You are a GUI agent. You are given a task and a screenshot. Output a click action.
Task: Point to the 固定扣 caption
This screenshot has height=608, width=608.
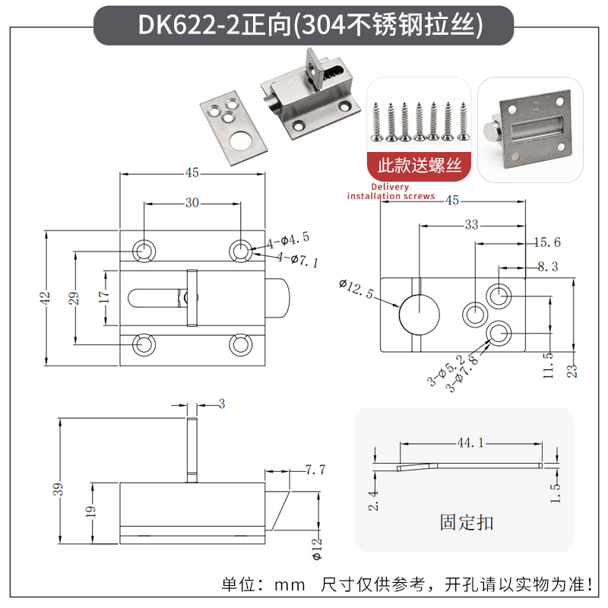[x=466, y=522]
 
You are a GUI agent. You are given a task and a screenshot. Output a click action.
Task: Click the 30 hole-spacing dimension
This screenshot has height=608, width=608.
[x=192, y=202]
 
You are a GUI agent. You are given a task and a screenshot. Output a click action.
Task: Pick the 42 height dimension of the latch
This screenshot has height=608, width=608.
[x=45, y=296]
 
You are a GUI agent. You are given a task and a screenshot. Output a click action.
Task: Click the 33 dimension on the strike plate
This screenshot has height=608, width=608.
[x=471, y=225]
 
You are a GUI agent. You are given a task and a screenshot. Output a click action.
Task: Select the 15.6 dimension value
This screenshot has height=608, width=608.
[x=546, y=242]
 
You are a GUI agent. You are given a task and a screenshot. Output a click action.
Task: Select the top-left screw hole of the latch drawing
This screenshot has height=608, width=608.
[x=143, y=249]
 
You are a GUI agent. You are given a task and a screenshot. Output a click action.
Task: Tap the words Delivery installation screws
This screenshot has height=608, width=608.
[x=391, y=192]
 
